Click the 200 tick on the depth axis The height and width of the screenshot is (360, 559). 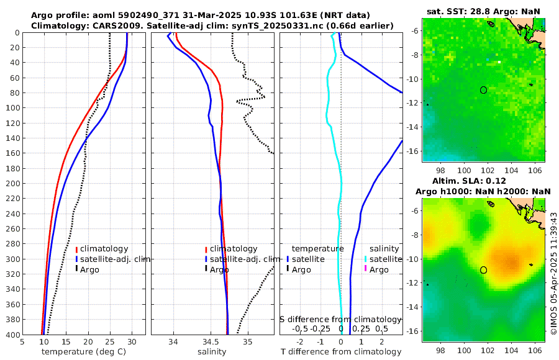pyautogui.click(x=12, y=184)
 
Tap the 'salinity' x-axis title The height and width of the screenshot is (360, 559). pyautogui.click(x=212, y=352)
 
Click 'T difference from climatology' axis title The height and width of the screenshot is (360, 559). pyautogui.click(x=341, y=352)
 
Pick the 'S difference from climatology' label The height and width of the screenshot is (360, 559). pyautogui.click(x=340, y=318)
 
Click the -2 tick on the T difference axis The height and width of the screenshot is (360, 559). pyautogui.click(x=300, y=341)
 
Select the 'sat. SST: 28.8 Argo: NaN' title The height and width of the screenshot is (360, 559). pyautogui.click(x=484, y=11)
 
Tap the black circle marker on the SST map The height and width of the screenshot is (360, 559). pyautogui.click(x=483, y=90)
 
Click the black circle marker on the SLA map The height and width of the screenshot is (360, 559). pyautogui.click(x=483, y=270)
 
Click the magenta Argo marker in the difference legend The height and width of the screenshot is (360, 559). pyautogui.click(x=366, y=269)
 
